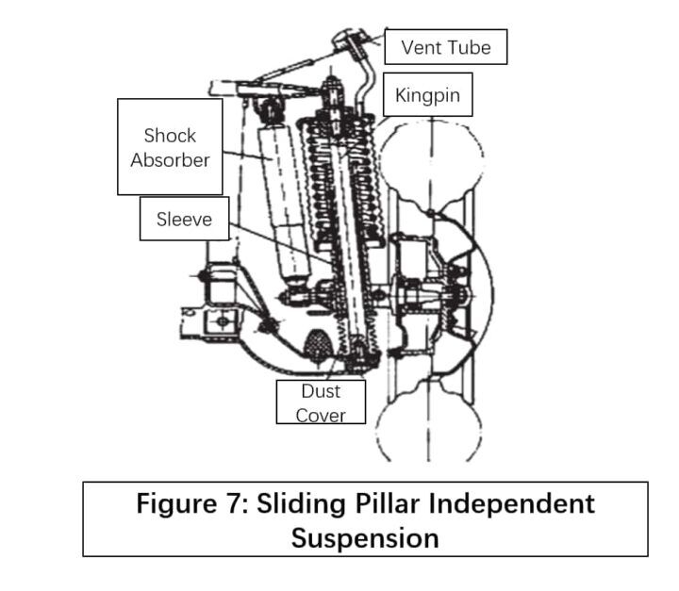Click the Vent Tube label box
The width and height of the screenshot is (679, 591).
[x=445, y=47]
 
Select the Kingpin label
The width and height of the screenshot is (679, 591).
[x=427, y=94]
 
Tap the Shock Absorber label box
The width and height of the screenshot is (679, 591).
[x=170, y=147]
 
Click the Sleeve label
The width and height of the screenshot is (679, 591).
[x=184, y=219]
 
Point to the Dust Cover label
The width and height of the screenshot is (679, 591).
[x=321, y=402]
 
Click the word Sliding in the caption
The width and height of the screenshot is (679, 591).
[x=302, y=504]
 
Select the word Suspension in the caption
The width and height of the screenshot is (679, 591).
[x=365, y=538]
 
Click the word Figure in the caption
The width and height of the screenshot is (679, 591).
[x=176, y=504]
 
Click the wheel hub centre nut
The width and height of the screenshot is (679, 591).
[x=460, y=295]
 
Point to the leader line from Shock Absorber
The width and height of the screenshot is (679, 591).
[x=248, y=156]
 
